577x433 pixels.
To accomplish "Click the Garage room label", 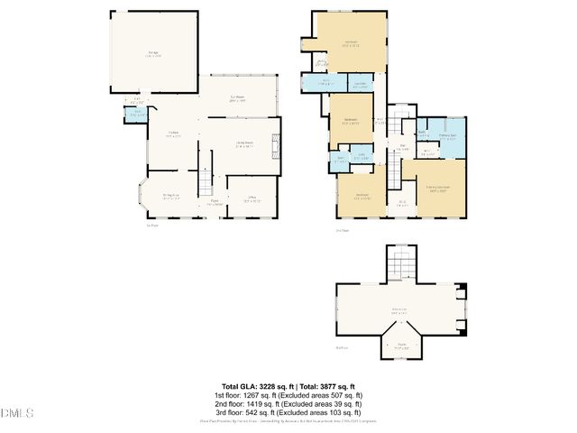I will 154,54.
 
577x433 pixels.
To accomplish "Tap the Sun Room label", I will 239,98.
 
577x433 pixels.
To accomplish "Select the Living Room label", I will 244,143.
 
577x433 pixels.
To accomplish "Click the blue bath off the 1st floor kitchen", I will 135,114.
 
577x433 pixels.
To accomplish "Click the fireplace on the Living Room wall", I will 277,143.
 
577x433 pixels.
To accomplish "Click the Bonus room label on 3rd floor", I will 397,312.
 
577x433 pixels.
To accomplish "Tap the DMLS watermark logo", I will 17,414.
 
